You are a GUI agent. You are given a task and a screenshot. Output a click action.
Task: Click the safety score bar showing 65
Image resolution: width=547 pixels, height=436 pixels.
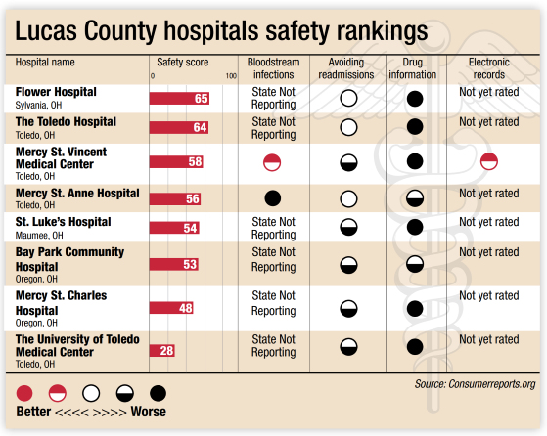point(179,99)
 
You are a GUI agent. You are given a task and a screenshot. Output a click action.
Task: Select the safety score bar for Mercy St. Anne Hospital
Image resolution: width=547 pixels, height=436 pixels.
point(175,198)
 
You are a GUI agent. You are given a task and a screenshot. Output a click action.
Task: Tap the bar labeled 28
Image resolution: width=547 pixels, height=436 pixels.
point(162,350)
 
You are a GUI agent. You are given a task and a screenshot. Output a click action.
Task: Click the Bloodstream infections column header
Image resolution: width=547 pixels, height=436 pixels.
point(274,68)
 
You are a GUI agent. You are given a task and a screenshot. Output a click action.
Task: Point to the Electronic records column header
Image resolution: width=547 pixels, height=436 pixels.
point(488,68)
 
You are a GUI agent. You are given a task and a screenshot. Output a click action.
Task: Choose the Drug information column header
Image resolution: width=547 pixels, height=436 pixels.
point(412,68)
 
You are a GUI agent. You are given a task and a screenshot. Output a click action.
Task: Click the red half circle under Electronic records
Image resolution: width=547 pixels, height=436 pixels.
point(489,161)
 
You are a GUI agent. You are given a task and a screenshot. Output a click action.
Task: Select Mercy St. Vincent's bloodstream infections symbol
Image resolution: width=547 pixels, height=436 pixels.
point(272,162)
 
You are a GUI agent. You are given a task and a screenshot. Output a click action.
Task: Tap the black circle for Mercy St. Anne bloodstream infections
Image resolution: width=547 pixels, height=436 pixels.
point(273,198)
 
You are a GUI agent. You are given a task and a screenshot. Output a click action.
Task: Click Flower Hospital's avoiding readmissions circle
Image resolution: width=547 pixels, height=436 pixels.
point(348,99)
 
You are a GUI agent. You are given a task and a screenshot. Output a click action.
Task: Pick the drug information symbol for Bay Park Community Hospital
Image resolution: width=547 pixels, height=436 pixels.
point(415,264)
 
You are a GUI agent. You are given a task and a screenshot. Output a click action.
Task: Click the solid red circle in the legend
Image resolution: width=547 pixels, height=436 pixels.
point(24,393)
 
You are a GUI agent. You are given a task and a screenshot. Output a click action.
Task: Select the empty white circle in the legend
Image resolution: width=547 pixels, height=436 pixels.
point(91,393)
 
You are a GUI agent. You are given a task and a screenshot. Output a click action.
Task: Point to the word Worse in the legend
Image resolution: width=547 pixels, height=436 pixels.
point(149,412)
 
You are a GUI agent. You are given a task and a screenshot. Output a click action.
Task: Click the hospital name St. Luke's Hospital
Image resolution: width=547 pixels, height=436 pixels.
point(64,222)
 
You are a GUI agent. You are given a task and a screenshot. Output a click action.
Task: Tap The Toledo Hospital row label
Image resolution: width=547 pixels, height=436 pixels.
point(66,122)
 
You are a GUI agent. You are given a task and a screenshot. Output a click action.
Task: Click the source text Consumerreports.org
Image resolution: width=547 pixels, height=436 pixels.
point(492,384)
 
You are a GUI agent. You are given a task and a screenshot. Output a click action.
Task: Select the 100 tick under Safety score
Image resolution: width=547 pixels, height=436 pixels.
point(231,76)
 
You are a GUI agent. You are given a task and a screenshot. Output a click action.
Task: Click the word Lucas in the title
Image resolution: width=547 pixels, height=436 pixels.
point(46,30)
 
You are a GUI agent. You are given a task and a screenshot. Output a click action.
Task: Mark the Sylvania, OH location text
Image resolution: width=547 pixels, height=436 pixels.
point(39,105)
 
